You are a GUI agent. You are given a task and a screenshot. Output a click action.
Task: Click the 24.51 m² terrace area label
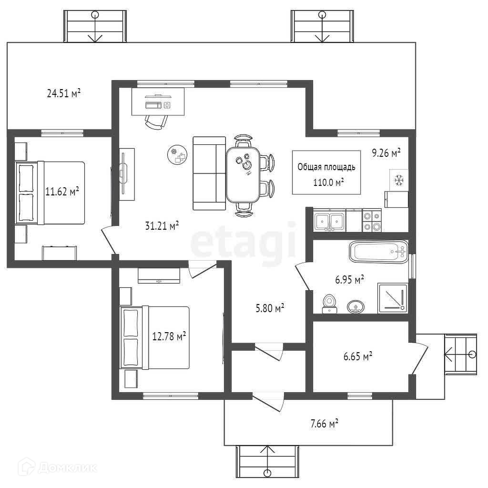tap(63, 93)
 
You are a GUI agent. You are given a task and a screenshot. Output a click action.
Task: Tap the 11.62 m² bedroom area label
tap(62, 192)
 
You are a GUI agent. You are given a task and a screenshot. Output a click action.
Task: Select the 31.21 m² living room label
tap(162, 225)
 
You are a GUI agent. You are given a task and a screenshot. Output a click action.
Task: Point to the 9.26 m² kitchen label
tap(386, 153)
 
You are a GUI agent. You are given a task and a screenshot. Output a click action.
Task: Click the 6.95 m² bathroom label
tap(349, 279)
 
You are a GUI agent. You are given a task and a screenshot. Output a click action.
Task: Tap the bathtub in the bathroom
tap(378, 251)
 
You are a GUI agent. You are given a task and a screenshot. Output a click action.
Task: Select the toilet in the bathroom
tap(328, 304)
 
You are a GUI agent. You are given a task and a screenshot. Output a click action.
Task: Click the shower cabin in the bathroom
tap(393, 298)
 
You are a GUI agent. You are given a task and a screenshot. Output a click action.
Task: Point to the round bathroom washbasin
tap(355, 306)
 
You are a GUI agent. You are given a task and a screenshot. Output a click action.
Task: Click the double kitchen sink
tap(329, 221)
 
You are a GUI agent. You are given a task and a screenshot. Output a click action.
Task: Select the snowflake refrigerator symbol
tap(398, 180)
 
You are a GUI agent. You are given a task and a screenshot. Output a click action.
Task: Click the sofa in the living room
tap(209, 173)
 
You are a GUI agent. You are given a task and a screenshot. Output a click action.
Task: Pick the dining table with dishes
tap(243, 173)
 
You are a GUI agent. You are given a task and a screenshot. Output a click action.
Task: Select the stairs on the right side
tap(460, 354)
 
